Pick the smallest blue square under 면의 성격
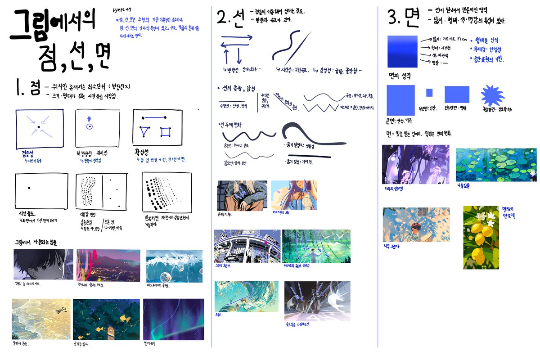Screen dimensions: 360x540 point(429,93)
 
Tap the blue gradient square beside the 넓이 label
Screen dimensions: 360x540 point(402,51)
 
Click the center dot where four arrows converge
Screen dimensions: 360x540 point(39,127)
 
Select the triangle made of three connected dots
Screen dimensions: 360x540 point(145,133)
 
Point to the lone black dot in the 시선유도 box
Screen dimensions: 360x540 point(28,187)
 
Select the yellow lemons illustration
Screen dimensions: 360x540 point(481,237)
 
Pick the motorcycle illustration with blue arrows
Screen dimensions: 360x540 point(317,301)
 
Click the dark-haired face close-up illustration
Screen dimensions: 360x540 point(43,264)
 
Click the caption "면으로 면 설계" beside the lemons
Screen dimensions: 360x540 point(509,212)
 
